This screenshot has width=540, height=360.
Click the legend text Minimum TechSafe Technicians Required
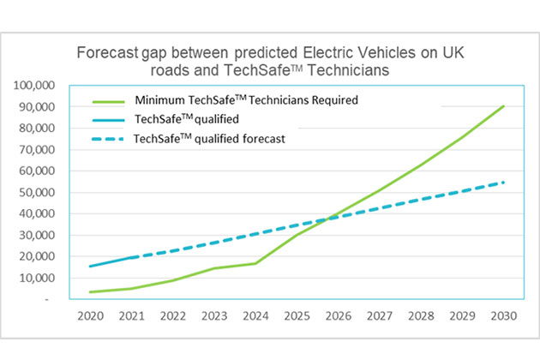(x=246, y=100)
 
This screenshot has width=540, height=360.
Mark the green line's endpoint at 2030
(x=503, y=106)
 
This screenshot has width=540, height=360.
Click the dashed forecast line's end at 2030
(x=503, y=182)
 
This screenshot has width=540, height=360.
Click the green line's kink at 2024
(x=257, y=263)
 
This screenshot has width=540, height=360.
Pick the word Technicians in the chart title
(x=339, y=69)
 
